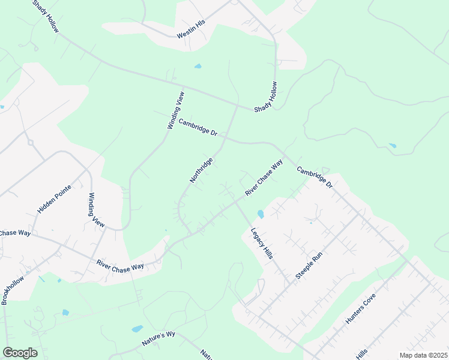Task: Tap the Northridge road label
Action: pos(201,172)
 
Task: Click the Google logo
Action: pos(20,352)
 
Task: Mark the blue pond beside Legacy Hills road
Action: pos(260,214)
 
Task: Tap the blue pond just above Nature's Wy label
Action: pos(137,329)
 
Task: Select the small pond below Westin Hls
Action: pos(197,66)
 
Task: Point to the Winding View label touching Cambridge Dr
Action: pos(175,110)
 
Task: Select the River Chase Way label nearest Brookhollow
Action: pos(120,263)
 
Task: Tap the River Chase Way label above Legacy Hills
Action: pos(264,177)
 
